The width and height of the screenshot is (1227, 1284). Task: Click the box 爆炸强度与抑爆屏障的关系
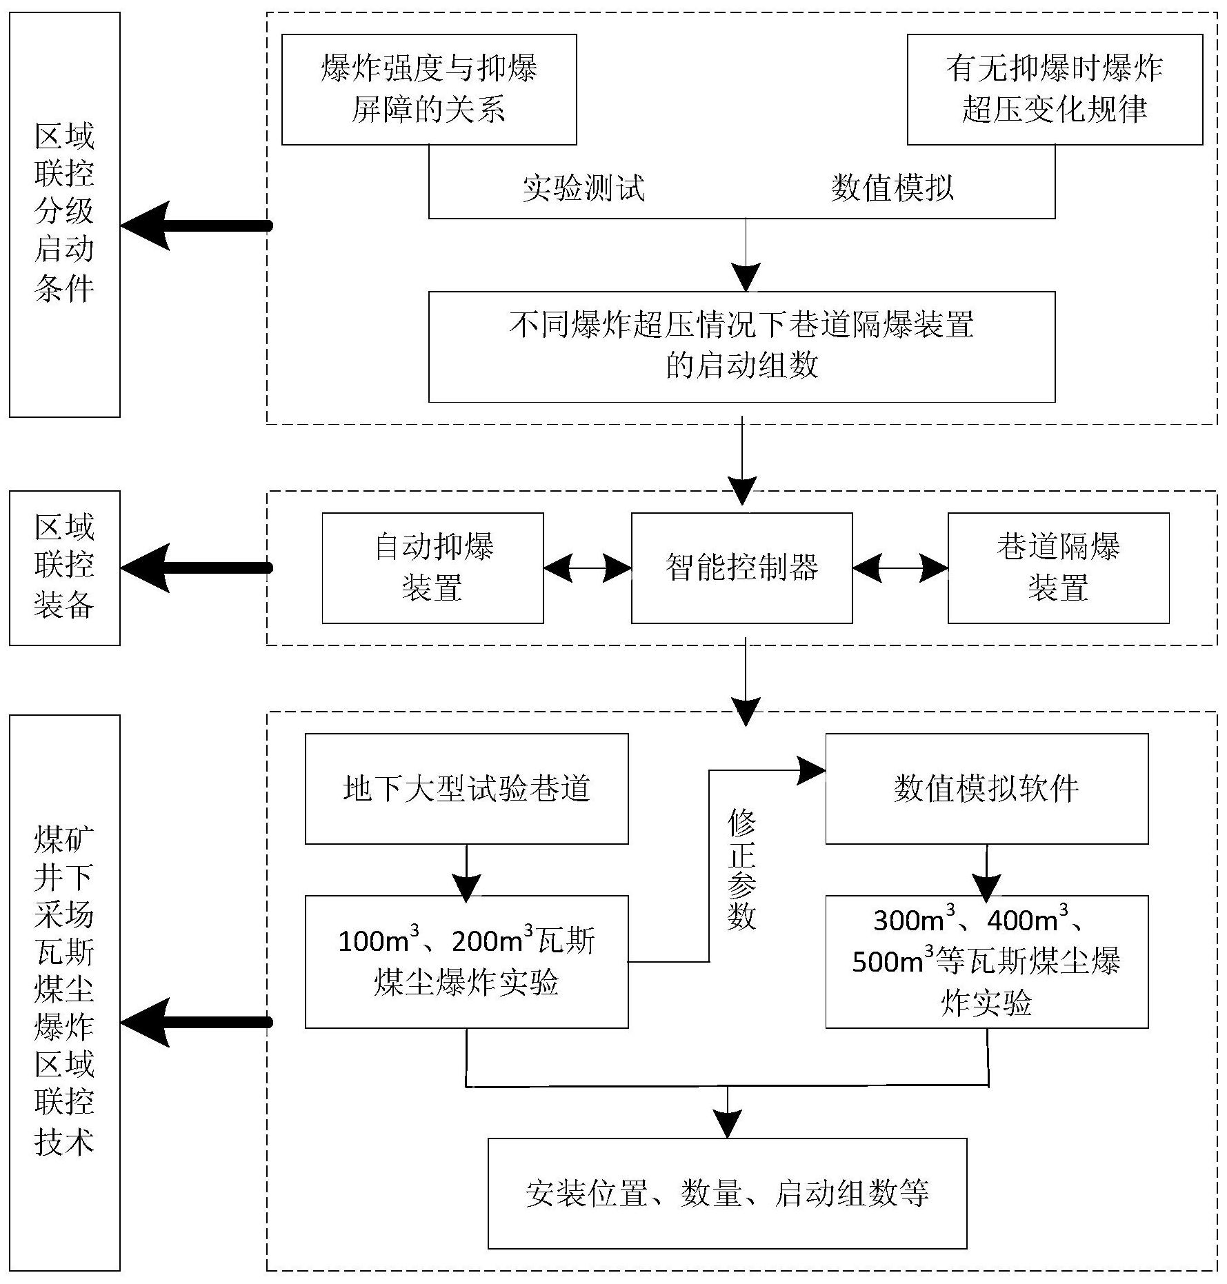pos(428,90)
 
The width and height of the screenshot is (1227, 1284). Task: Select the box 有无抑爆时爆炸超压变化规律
pos(1054,90)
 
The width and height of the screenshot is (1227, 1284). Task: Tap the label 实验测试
pos(583,188)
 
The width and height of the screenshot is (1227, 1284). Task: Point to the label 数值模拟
pos(892,188)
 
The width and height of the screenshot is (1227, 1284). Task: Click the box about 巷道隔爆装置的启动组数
pos(741,346)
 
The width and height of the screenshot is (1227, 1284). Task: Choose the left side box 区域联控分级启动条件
pos(64,214)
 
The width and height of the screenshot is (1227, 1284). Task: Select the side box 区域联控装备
pos(64,568)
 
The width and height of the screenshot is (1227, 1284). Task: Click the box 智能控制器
pos(741,568)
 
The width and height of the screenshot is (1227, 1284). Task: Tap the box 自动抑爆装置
pos(432,568)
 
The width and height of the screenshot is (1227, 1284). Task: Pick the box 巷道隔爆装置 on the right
pos(1058,568)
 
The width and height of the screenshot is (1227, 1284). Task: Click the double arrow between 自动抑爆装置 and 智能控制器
pos(587,568)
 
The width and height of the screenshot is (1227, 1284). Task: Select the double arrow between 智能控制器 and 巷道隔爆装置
pos(900,568)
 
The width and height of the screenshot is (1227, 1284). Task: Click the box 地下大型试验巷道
pos(466,788)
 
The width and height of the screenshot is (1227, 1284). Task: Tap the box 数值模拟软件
pos(986,788)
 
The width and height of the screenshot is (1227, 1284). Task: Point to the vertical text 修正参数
pos(741,870)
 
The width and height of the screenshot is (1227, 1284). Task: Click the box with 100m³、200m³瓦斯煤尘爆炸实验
pos(466,961)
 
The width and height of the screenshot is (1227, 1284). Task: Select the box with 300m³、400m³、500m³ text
pos(986,961)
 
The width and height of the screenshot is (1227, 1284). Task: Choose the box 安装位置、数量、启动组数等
pos(727,1193)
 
